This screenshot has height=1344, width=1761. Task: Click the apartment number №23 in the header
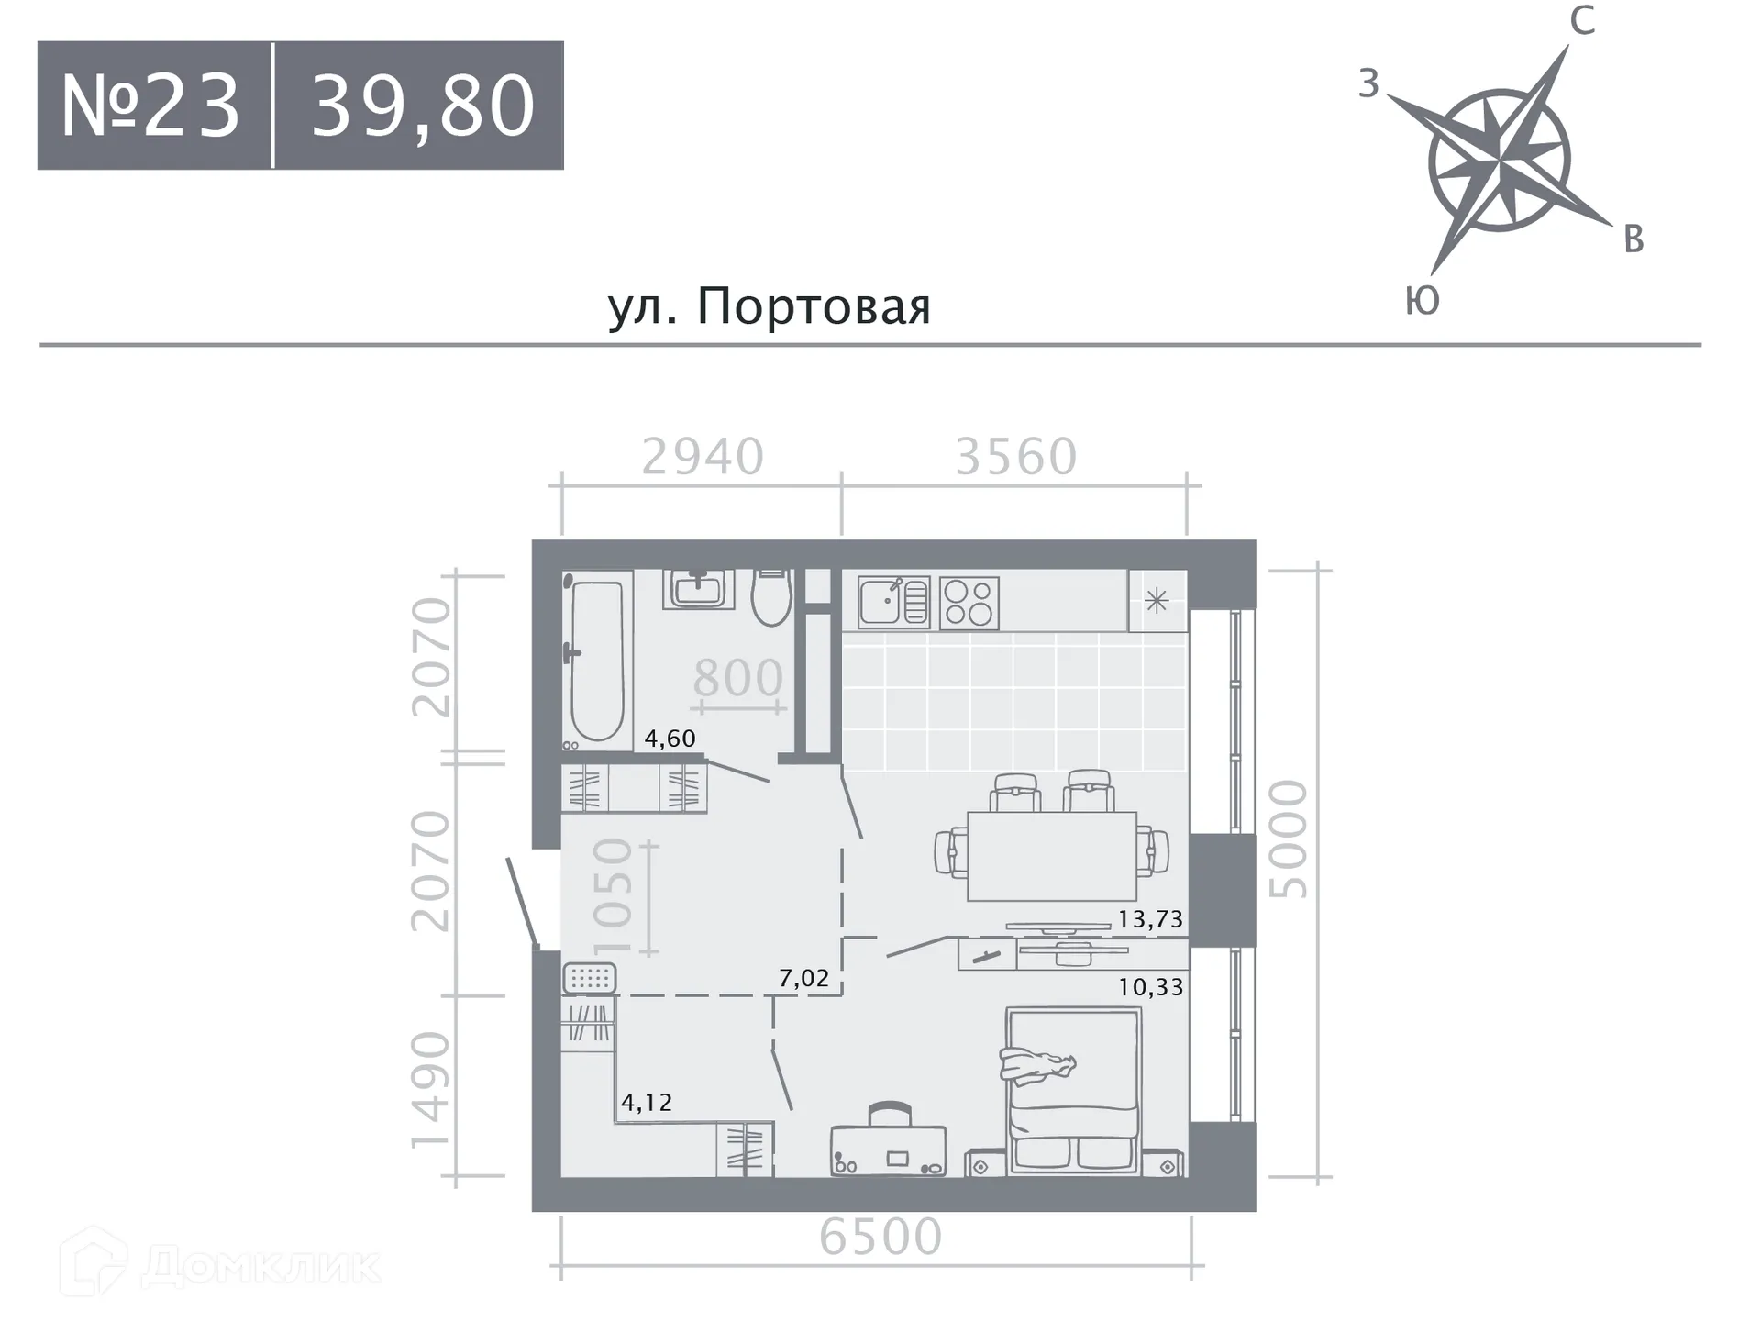point(150,106)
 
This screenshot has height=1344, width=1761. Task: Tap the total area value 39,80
point(422,106)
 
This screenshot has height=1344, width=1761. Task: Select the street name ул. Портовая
point(769,306)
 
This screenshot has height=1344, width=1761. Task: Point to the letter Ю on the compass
point(1422,301)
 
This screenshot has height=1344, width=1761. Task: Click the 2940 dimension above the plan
point(703,456)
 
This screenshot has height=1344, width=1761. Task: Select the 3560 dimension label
point(1015,456)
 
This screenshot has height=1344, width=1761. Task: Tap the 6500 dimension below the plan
point(880,1236)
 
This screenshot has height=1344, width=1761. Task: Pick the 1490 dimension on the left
point(431,1090)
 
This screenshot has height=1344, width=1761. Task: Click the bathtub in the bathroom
point(597,659)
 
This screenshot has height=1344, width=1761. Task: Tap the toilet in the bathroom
point(771,597)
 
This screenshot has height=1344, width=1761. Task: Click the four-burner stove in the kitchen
point(969,603)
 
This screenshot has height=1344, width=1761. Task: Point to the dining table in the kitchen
point(1052,856)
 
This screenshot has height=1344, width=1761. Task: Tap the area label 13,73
point(1150,918)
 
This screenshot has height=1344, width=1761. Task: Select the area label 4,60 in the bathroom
point(670,738)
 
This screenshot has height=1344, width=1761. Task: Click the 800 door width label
point(737,679)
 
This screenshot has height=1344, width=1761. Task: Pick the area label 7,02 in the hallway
point(803,978)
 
